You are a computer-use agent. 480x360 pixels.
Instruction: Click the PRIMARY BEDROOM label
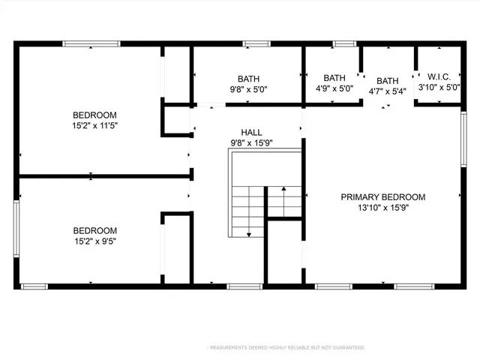tap(382, 197)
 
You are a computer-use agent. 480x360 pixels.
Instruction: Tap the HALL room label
tap(251, 131)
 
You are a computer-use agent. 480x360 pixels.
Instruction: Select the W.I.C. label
tap(438, 76)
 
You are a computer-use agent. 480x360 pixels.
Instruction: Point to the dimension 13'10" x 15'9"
tap(382, 209)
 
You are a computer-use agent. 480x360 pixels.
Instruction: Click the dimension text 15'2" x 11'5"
tap(94, 126)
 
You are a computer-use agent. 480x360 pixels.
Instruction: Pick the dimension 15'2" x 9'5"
tap(94, 242)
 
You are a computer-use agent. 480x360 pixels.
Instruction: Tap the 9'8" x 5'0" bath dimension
tap(248, 89)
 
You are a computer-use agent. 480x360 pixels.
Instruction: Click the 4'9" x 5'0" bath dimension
tap(334, 89)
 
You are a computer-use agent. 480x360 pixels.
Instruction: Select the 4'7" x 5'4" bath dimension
tap(388, 92)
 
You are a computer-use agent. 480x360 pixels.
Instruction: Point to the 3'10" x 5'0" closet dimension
tap(438, 88)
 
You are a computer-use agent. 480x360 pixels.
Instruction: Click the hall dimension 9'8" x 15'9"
tap(251, 142)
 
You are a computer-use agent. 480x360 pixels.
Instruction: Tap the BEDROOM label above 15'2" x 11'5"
tap(94, 115)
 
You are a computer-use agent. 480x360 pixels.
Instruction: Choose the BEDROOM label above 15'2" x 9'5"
tap(94, 231)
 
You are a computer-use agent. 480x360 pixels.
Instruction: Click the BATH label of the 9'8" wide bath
tap(248, 78)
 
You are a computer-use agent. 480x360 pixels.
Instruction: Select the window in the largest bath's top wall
tap(256, 43)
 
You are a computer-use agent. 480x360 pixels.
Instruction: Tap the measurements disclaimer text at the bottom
tap(286, 348)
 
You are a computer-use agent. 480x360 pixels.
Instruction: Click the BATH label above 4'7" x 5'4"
tap(388, 81)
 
